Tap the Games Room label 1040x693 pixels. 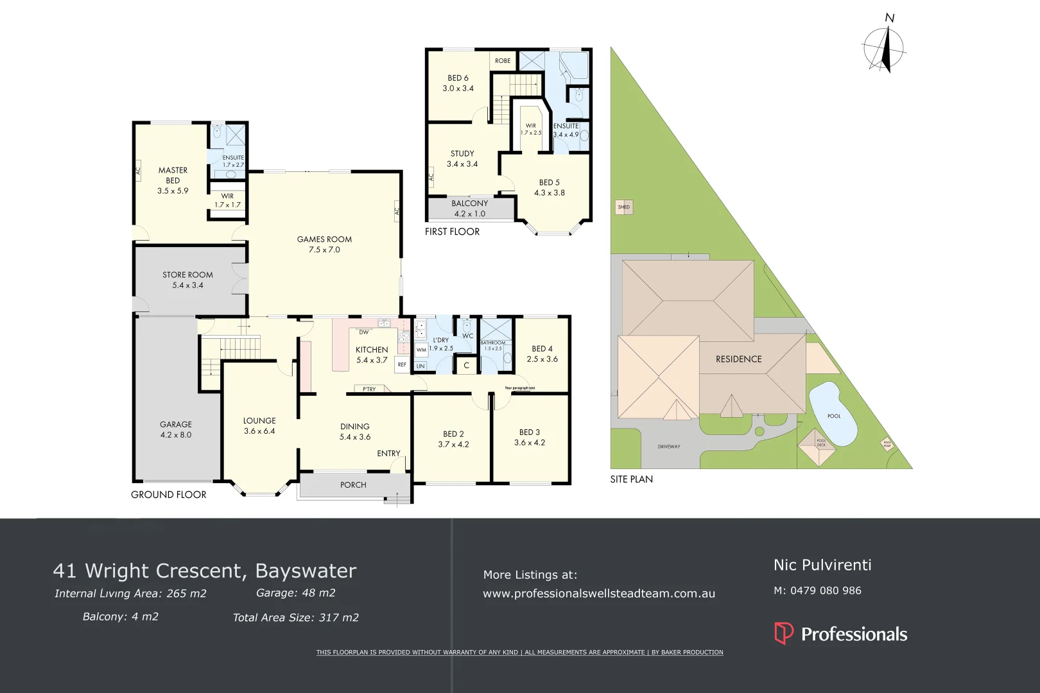[324, 244]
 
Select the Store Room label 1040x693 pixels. [187, 280]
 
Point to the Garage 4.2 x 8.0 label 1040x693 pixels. [176, 429]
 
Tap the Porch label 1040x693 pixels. [353, 485]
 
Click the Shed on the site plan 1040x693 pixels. [624, 207]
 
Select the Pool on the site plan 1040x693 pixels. [833, 414]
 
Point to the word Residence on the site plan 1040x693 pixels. [738, 359]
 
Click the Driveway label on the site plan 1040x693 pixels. [669, 447]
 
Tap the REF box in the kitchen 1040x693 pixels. [402, 364]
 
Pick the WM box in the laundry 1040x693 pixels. [421, 350]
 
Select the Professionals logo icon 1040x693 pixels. [784, 633]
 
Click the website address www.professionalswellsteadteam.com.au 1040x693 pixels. [598, 594]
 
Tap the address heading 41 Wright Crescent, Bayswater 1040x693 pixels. [204, 570]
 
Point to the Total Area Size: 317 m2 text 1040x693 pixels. [295, 618]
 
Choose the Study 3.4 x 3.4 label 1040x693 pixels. [462, 158]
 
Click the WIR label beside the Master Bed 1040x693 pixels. [227, 200]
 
